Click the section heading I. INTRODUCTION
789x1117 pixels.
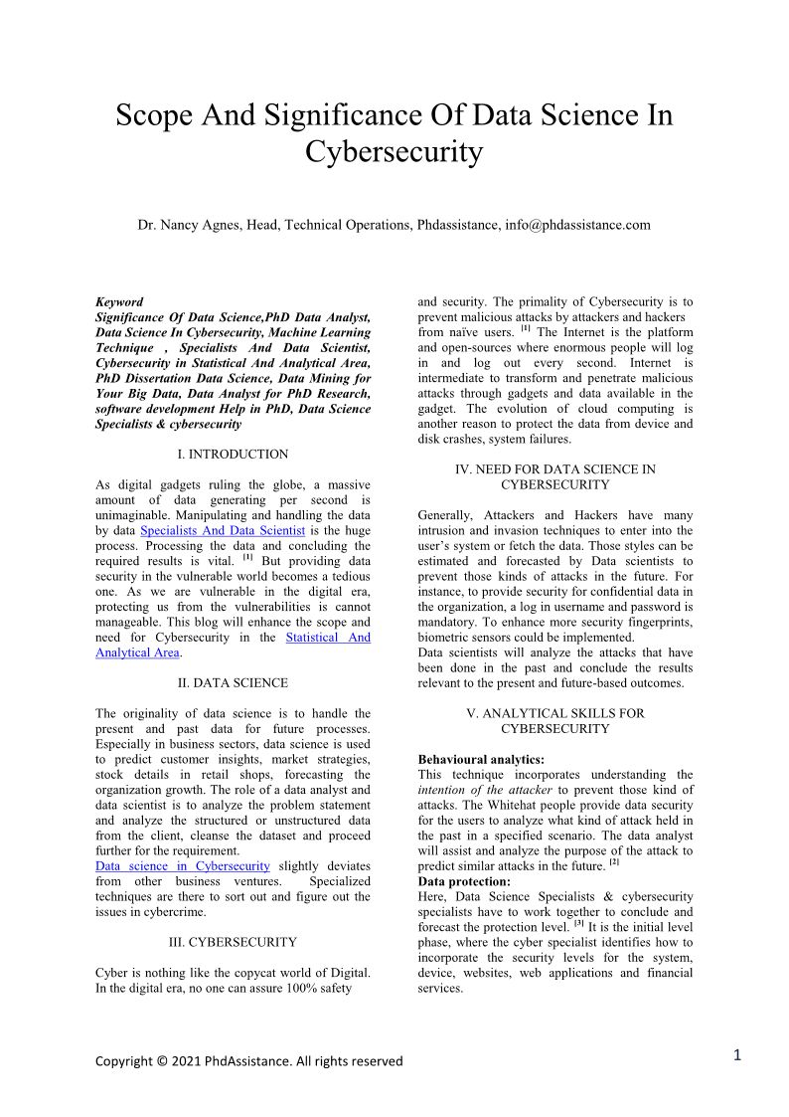233,455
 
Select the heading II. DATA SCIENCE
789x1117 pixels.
233,683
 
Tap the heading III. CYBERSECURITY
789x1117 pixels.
233,942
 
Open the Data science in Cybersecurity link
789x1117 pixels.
183,866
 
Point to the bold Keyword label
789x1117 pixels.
119,302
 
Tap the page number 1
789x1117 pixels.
737,1055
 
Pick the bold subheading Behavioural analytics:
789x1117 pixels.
481,760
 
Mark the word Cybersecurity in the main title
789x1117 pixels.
394,153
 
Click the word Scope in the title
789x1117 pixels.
152,115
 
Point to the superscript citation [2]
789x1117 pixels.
614,864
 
